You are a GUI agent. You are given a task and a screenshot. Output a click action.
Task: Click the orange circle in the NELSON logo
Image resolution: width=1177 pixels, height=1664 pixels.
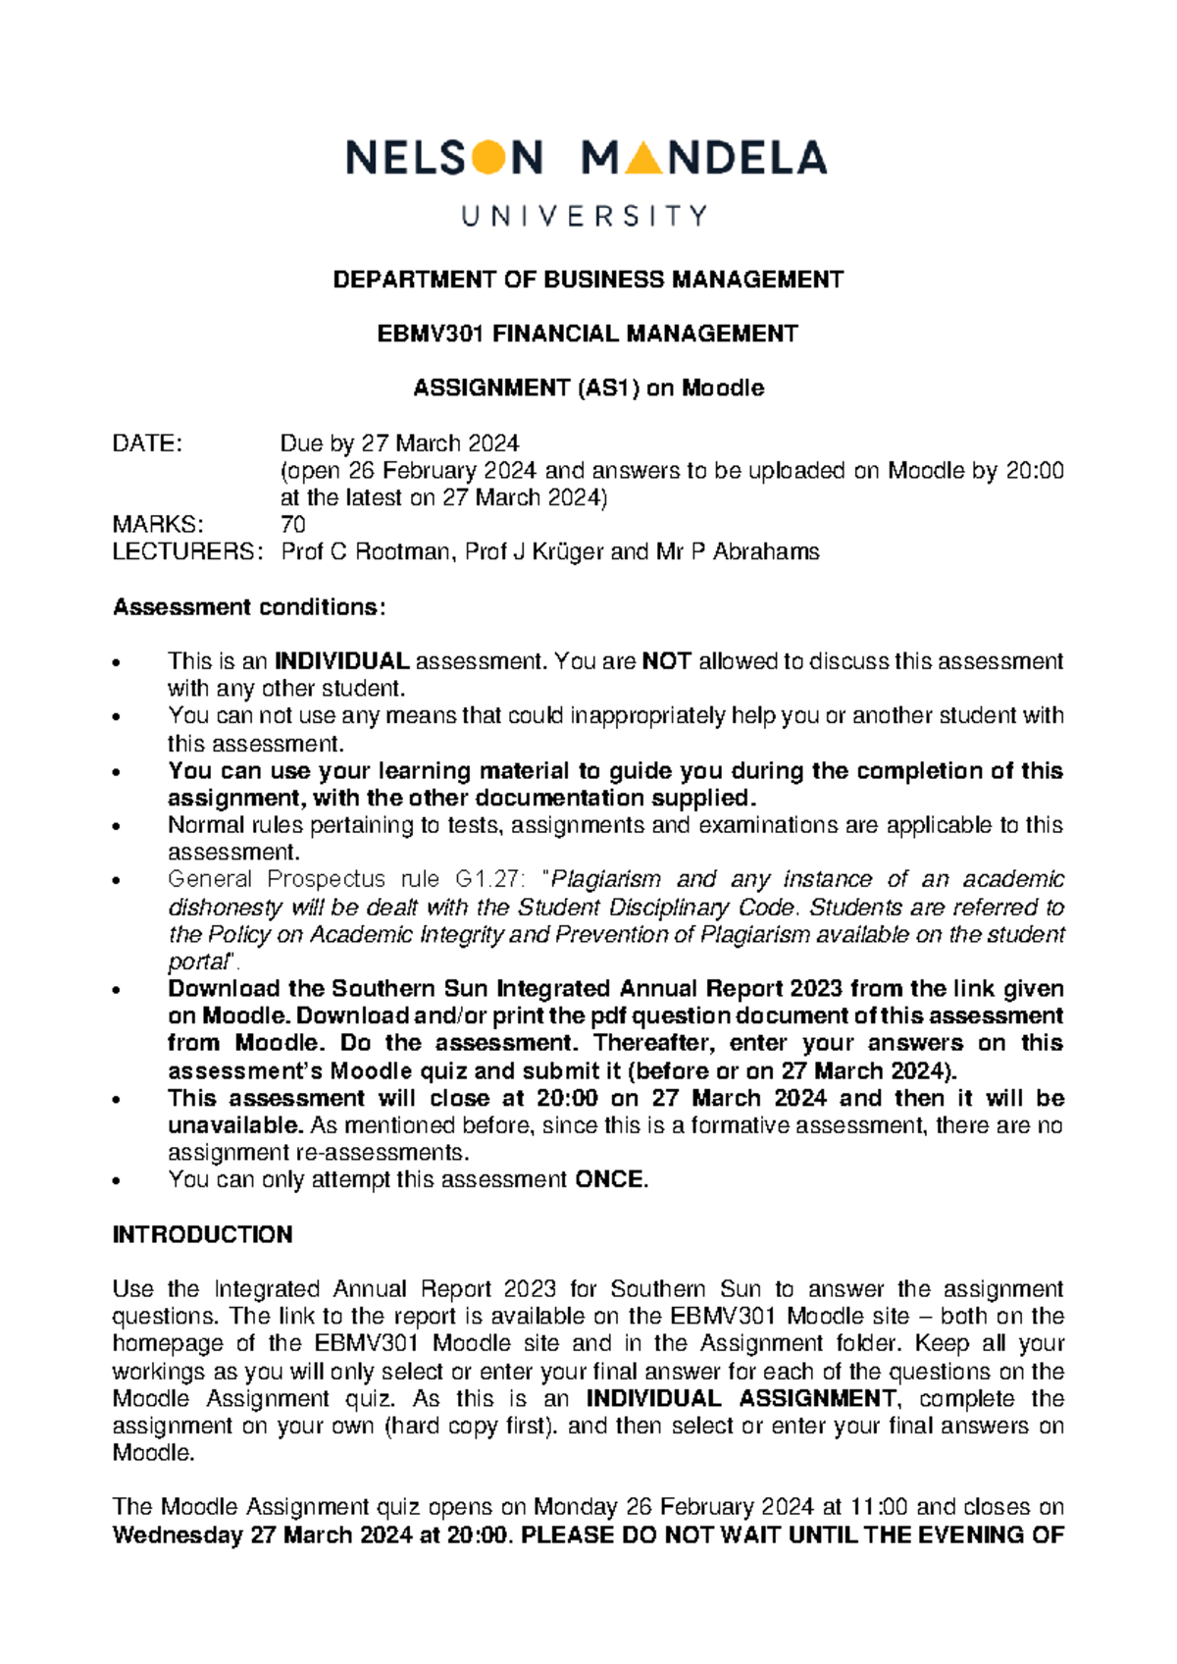488,158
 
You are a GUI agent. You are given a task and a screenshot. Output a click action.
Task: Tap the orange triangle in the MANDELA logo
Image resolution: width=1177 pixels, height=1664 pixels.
642,159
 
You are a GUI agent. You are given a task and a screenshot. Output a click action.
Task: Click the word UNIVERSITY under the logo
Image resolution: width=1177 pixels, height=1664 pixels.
586,216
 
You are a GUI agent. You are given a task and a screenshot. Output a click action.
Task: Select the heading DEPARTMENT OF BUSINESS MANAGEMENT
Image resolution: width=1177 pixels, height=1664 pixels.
588,280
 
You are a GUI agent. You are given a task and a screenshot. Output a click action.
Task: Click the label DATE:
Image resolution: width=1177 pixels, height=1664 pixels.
147,443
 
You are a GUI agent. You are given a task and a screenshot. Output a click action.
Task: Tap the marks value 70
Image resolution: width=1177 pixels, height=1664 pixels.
292,525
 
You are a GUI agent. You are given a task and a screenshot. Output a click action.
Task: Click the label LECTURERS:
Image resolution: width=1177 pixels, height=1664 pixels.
187,551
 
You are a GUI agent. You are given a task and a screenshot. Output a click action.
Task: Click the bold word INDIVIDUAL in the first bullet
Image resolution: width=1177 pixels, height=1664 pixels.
341,661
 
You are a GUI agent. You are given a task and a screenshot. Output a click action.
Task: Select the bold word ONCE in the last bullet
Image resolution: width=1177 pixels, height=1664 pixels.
609,1179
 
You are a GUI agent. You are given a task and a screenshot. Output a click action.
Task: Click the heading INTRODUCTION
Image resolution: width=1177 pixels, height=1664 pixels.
202,1234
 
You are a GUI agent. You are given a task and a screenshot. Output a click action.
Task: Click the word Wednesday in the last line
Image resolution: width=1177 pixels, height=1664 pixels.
178,1534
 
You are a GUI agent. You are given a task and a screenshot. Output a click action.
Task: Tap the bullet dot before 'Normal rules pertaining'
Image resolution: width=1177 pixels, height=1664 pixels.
118,827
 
